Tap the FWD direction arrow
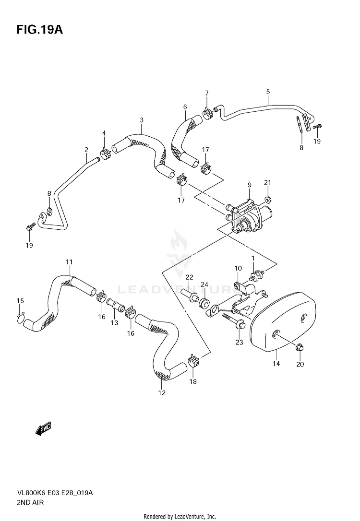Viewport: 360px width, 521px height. [43, 428]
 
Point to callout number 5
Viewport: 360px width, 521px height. [268, 92]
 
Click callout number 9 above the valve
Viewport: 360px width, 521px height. [250, 185]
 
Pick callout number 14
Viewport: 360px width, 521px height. [276, 364]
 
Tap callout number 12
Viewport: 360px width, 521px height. [161, 393]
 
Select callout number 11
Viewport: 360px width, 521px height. [70, 262]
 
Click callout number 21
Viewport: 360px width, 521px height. [267, 182]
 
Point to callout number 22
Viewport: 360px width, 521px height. [189, 277]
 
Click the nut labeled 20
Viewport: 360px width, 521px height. [299, 346]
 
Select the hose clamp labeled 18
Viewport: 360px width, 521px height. [193, 359]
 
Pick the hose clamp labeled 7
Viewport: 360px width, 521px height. [208, 114]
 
